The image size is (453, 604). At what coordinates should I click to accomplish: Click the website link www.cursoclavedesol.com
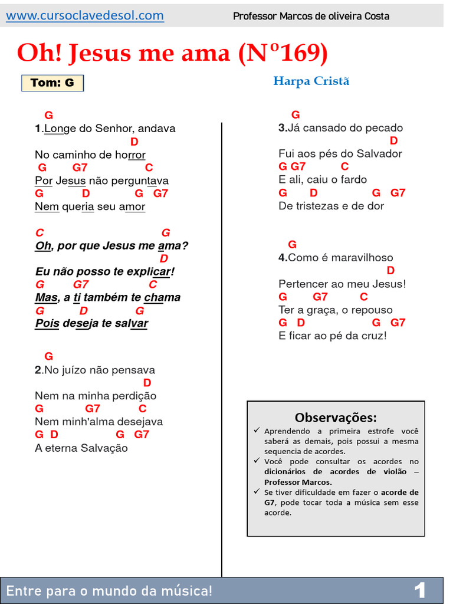[85, 16]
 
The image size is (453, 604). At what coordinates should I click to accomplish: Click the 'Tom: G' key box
[52, 83]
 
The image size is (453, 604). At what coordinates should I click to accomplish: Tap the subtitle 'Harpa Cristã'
[311, 81]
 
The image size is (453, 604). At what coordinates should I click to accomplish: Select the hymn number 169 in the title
[298, 54]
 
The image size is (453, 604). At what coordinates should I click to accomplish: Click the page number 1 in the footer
[420, 590]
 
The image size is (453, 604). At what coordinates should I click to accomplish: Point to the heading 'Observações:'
[336, 418]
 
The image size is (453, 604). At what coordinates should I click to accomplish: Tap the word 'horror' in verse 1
[129, 155]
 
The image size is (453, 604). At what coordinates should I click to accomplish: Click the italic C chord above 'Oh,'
[40, 232]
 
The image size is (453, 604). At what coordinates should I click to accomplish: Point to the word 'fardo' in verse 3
[353, 179]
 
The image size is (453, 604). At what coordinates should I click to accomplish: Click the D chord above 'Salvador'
[393, 140]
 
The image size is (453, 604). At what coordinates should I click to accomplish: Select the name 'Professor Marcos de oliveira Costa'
[311, 16]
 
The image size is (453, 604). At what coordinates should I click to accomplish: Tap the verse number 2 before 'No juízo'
[38, 370]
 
